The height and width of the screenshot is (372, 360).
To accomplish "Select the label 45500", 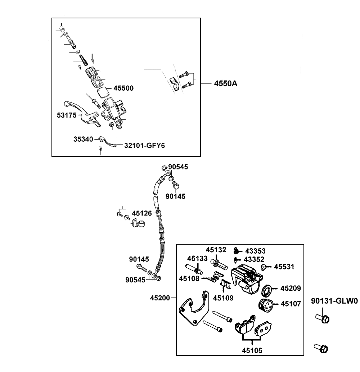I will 123,88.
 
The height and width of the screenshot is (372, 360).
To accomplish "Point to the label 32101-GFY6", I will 142,146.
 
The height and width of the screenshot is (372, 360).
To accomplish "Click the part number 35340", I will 83,139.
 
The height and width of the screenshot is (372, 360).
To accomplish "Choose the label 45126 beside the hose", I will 142,213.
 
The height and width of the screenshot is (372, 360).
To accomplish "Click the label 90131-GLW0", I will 334,301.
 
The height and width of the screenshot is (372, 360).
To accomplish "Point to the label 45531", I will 284,267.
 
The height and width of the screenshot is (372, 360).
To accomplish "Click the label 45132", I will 216,249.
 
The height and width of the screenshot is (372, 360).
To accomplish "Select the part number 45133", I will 197,258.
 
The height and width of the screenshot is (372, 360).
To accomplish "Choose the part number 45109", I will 223,298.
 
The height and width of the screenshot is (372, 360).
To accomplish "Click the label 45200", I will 160,298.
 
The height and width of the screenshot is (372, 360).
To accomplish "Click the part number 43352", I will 255,259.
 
